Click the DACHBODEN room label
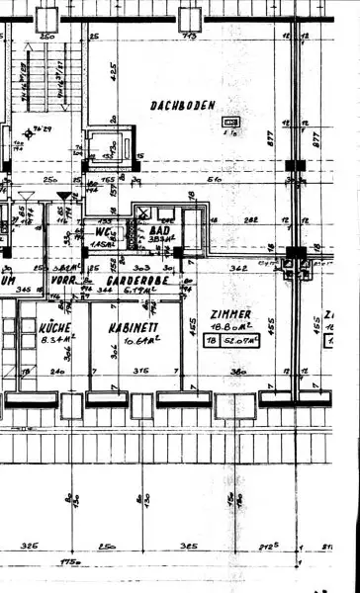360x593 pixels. tap(183, 105)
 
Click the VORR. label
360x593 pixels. tap(65, 280)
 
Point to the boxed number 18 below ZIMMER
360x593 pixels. tap(211, 341)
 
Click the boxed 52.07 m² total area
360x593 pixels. tap(237, 341)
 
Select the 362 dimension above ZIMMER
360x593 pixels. tap(237, 267)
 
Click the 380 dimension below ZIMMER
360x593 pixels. tap(237, 373)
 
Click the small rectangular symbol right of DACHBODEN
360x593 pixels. tap(232, 124)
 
